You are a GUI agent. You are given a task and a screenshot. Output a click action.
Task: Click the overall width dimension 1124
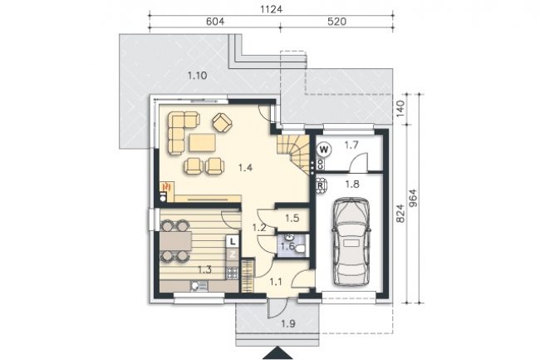point(271,9)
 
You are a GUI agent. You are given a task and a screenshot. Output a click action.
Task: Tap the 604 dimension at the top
point(215,22)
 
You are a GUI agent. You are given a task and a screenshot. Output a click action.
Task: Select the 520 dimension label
point(336,22)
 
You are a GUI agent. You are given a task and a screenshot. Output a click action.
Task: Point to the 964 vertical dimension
point(413,198)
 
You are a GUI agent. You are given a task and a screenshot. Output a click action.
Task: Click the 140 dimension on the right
point(400,109)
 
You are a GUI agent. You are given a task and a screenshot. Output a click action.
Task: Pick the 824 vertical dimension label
point(400,214)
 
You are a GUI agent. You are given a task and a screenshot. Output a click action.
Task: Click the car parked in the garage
point(351,241)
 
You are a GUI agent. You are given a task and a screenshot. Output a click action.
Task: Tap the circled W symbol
point(324,150)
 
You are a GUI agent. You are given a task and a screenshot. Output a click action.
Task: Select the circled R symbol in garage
point(321,185)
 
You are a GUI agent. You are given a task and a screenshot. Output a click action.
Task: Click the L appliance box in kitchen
point(233,241)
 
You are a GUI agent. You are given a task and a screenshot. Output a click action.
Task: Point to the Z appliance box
point(233,254)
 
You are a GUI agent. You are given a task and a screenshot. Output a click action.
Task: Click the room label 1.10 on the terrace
point(198,76)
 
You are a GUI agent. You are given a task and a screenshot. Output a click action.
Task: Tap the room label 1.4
point(246,168)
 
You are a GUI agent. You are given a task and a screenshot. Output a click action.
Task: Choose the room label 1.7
point(351,145)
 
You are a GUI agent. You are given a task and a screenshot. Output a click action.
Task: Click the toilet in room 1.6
point(300,249)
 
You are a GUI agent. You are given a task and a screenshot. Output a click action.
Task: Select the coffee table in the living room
point(202,143)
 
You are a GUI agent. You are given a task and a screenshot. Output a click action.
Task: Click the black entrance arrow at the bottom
point(277,353)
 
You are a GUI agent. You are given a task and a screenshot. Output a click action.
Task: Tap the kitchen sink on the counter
point(199,286)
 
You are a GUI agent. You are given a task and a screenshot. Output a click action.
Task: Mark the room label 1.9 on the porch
point(288,323)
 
